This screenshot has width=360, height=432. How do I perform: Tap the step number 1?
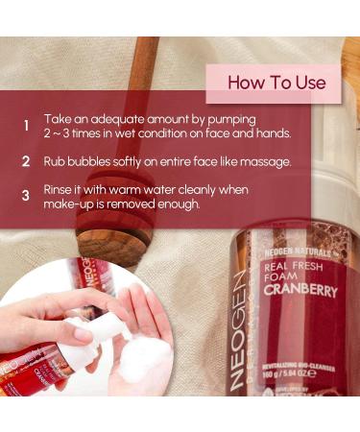26,126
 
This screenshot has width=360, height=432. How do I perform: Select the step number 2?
26,161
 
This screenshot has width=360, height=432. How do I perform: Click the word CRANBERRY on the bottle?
300,291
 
